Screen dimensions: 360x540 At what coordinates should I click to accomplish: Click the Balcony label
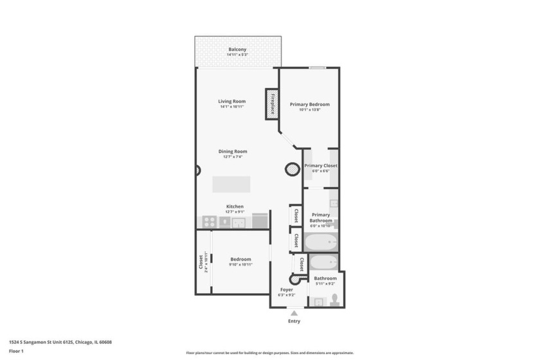tap(237, 50)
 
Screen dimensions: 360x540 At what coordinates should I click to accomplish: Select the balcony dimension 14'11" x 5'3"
tap(237, 55)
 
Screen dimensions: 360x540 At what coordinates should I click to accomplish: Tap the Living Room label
tap(231, 101)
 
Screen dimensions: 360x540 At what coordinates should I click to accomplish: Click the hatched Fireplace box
tap(272, 104)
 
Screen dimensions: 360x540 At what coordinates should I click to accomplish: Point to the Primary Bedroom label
tap(309, 104)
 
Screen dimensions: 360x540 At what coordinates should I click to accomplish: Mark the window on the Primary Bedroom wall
tap(316, 67)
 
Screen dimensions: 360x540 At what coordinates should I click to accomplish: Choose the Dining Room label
tap(232, 152)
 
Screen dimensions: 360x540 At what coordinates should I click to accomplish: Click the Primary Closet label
tap(320, 166)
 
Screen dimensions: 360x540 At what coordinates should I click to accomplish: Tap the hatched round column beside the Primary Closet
tap(292, 169)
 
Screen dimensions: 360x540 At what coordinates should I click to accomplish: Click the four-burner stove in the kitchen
tap(209, 222)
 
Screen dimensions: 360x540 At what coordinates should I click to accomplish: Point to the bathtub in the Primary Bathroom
tap(320, 242)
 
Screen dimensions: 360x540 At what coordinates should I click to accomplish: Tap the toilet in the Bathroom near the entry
tap(334, 300)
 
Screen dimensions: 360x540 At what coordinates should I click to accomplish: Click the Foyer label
tap(286, 290)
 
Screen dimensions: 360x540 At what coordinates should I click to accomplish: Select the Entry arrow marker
tap(294, 313)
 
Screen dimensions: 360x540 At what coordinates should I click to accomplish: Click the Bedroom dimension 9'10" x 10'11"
tap(240, 265)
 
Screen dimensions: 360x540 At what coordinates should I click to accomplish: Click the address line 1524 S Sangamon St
tap(55, 342)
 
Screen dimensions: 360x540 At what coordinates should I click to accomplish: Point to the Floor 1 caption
tap(16, 351)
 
